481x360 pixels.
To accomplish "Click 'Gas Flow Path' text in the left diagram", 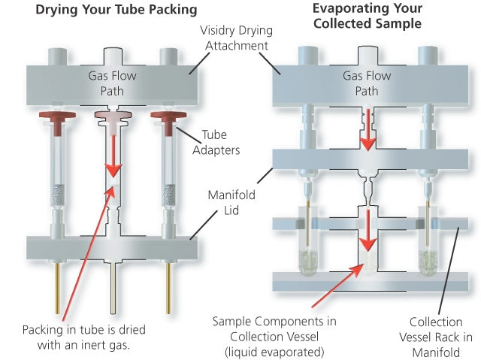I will click(x=111, y=82).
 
